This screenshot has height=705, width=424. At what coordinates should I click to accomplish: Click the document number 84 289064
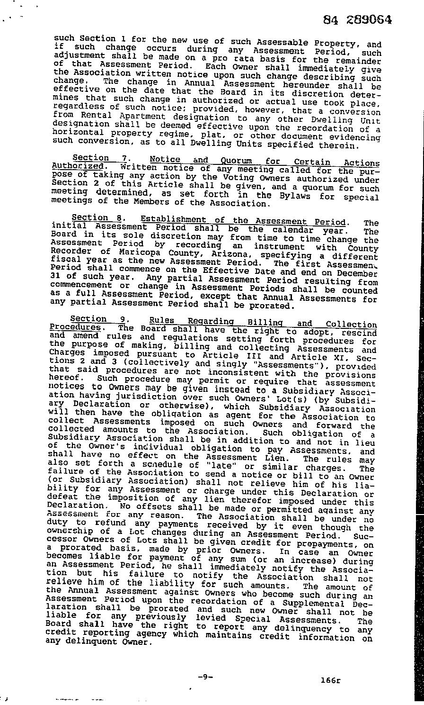click(x=358, y=20)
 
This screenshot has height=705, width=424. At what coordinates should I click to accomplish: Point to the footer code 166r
click(x=330, y=680)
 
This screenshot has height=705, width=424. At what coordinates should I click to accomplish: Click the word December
click(x=357, y=273)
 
